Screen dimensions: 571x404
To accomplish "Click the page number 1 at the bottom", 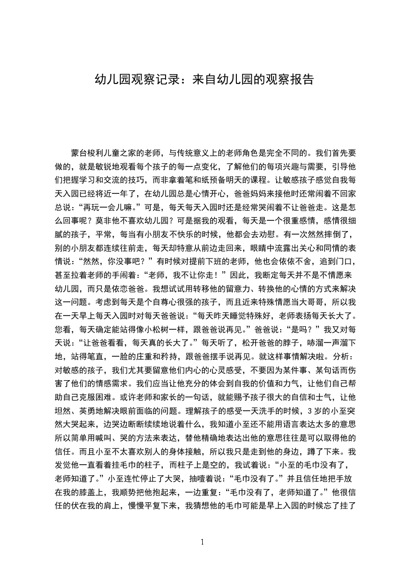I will click(202, 541).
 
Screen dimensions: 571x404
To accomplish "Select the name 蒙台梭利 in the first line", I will click(89, 152).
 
